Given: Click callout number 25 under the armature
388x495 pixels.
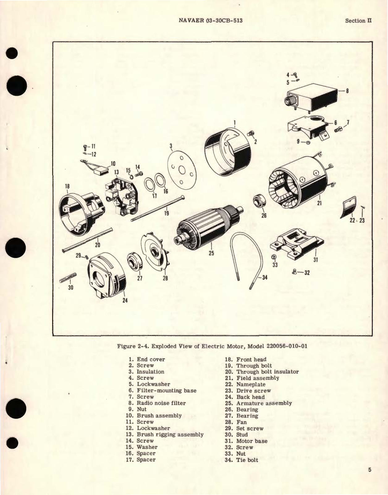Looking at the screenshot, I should pyautogui.click(x=211, y=253).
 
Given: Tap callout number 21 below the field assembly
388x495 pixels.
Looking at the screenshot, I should pyautogui.click(x=319, y=203).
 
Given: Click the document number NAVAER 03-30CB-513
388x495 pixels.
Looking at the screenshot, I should pyautogui.click(x=210, y=21).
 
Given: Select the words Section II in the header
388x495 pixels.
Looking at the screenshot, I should pyautogui.click(x=358, y=21).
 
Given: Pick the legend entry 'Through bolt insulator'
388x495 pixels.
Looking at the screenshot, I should pyautogui.click(x=267, y=372).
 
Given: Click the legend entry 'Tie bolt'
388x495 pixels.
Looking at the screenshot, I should pyautogui.click(x=247, y=460).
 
